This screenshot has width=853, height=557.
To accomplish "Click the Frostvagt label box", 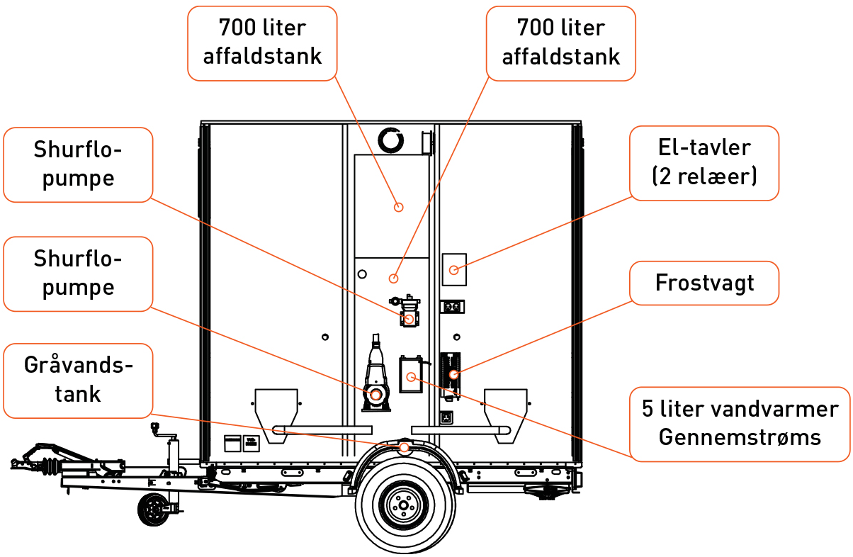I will (x=704, y=283).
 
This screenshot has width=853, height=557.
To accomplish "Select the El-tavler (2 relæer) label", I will (x=704, y=163).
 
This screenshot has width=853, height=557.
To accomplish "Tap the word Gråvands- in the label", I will (x=78, y=366).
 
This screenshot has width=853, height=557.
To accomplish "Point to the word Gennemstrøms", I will (x=740, y=437).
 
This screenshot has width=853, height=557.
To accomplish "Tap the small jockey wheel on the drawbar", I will (x=154, y=509).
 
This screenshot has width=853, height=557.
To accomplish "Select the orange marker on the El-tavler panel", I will (x=454, y=270).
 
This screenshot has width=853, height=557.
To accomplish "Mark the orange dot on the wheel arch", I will (x=404, y=448).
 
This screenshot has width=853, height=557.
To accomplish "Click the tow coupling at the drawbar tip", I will (x=21, y=463).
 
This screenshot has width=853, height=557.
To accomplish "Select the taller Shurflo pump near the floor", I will (x=375, y=376).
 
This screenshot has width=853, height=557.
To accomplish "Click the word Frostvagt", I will (x=704, y=283).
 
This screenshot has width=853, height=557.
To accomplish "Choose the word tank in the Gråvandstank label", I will (x=78, y=393).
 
